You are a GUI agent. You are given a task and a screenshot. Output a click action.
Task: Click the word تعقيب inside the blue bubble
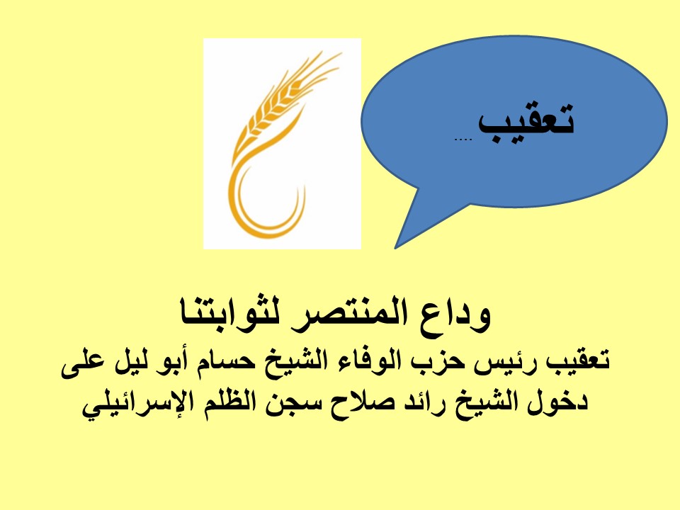pyautogui.click(x=526, y=120)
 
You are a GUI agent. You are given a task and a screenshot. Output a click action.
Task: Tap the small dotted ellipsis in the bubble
pyautogui.click(x=463, y=140)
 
